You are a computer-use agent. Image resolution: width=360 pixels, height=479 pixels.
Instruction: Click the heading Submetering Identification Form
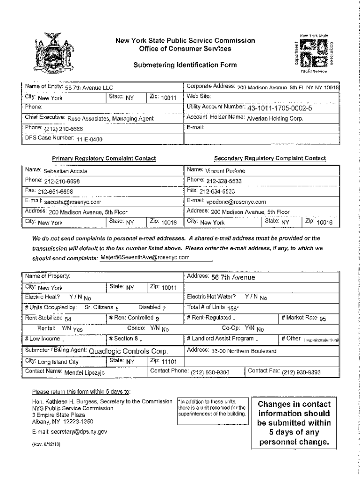tap(186, 65)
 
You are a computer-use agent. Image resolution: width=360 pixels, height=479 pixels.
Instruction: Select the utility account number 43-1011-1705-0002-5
tap(280, 109)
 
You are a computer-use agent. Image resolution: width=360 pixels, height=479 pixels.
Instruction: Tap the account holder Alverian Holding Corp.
tap(275, 119)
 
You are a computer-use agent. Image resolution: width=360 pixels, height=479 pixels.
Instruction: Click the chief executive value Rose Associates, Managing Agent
tap(111, 119)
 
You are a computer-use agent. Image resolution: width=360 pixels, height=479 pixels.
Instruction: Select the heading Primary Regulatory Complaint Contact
tap(104, 159)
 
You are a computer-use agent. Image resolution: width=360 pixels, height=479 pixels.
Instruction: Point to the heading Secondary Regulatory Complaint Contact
tap(270, 159)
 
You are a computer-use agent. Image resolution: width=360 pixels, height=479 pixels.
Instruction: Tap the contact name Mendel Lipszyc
tap(85, 373)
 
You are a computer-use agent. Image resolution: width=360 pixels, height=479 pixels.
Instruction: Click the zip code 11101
tap(169, 362)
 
